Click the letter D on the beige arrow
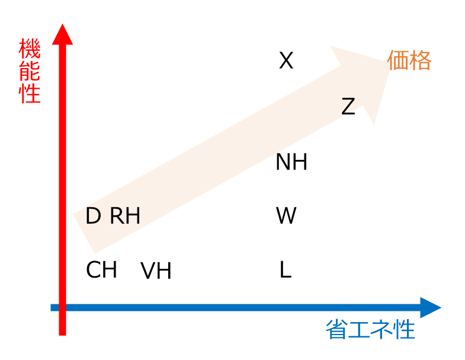(93, 217)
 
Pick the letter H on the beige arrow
(133, 217)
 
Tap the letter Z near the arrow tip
(348, 107)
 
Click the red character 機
(30, 49)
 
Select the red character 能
(30, 71)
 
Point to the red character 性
(30, 94)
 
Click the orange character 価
(399, 60)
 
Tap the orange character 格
(421, 60)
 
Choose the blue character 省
(336, 330)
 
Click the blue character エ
(359, 330)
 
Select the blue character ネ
(381, 330)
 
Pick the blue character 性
(404, 330)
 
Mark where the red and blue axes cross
(62, 308)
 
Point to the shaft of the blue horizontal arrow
(237, 308)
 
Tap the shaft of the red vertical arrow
(62, 178)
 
